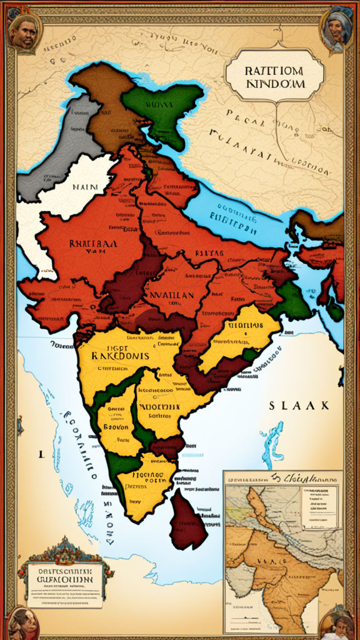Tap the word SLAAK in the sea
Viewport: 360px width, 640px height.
[299, 406]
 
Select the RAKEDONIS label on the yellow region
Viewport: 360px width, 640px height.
[120, 355]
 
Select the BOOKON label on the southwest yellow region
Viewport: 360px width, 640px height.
[116, 427]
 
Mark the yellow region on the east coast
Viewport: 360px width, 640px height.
[237, 337]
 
